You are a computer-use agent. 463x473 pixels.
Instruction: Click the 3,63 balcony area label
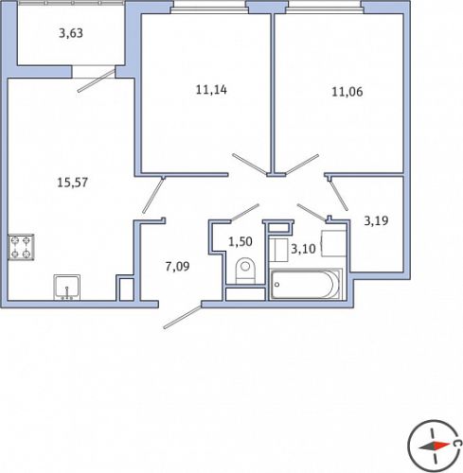click(71, 33)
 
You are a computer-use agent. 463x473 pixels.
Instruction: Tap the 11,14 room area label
click(211, 90)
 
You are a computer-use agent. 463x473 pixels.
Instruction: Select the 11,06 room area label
click(347, 92)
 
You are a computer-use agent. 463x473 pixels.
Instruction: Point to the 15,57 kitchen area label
click(72, 183)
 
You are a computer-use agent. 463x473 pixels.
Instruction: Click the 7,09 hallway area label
click(177, 267)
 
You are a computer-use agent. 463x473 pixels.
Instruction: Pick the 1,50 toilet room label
click(240, 242)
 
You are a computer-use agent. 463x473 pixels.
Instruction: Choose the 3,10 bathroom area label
click(303, 249)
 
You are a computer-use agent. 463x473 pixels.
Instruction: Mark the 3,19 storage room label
click(376, 220)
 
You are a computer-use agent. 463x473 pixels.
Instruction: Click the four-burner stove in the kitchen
click(21, 247)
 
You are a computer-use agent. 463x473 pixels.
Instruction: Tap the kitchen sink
click(66, 288)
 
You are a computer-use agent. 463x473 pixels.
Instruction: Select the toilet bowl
click(245, 271)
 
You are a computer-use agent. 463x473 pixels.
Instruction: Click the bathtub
click(306, 284)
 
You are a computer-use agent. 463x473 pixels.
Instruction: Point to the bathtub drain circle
click(276, 285)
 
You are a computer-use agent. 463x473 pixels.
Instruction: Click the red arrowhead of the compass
click(441, 446)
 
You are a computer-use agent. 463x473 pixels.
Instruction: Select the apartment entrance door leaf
click(182, 317)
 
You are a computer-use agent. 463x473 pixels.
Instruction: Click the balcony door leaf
click(96, 81)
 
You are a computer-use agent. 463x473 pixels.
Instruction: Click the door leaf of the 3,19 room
click(339, 195)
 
